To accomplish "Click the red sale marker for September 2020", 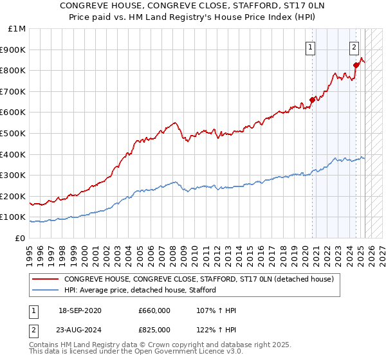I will [x=312, y=100].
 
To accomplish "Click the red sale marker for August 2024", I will [x=356, y=65].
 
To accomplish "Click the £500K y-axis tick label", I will [x=14, y=134].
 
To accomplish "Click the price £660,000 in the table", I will [x=154, y=311].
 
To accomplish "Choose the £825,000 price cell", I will [x=154, y=330].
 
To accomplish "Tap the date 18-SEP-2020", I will [x=80, y=311].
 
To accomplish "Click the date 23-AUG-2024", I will [x=80, y=330].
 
